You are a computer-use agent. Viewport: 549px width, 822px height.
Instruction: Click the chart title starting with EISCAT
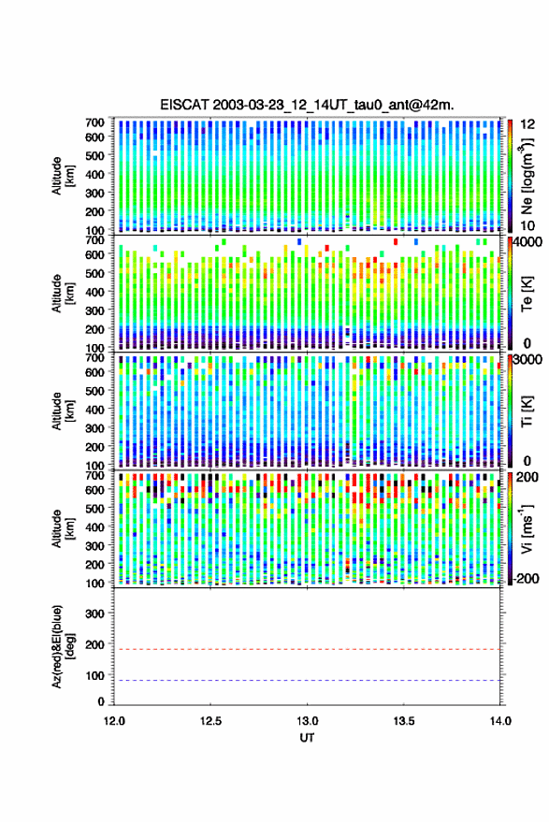point(307,105)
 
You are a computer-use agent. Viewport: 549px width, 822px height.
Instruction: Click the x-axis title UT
point(307,738)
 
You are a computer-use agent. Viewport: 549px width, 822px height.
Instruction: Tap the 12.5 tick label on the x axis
point(210,721)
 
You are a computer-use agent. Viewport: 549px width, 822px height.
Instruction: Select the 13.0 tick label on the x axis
point(307,721)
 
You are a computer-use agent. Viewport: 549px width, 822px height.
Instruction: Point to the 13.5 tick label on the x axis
point(403,721)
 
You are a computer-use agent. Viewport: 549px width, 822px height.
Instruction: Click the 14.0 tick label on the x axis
point(500,721)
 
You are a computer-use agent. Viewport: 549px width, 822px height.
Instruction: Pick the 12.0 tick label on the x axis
point(114,721)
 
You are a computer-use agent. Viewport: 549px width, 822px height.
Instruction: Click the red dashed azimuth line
point(307,649)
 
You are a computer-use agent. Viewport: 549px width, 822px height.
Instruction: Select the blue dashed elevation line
point(307,680)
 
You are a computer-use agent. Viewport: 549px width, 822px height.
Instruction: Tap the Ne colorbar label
point(527,176)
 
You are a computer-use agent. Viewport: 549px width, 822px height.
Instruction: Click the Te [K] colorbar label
point(527,294)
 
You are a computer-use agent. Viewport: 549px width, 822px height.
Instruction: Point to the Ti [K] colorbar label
point(527,411)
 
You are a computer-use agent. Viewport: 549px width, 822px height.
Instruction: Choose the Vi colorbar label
point(527,528)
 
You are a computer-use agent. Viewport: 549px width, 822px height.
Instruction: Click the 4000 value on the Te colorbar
point(528,242)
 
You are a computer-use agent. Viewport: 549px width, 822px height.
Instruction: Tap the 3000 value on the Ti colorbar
point(528,360)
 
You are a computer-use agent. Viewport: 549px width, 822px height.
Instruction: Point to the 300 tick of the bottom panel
point(94,613)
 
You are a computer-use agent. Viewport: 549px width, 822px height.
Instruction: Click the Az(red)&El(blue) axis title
point(63,646)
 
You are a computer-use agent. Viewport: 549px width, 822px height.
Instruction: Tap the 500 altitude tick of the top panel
point(94,155)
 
